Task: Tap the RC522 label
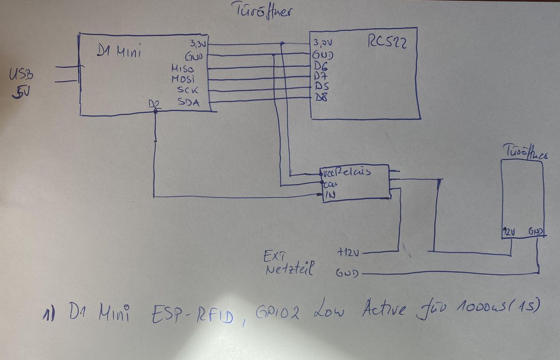[387, 43]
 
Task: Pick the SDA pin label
[189, 102]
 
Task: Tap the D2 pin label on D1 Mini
[153, 105]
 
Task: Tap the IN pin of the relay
[330, 196]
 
